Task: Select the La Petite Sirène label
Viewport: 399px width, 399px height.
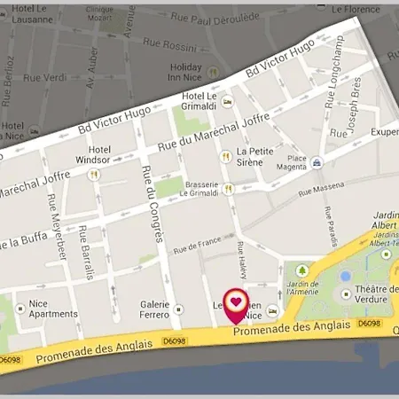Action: pyautogui.click(x=255, y=157)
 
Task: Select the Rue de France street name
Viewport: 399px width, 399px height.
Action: pyautogui.click(x=197, y=244)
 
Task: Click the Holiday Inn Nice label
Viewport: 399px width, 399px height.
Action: pyautogui.click(x=186, y=73)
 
